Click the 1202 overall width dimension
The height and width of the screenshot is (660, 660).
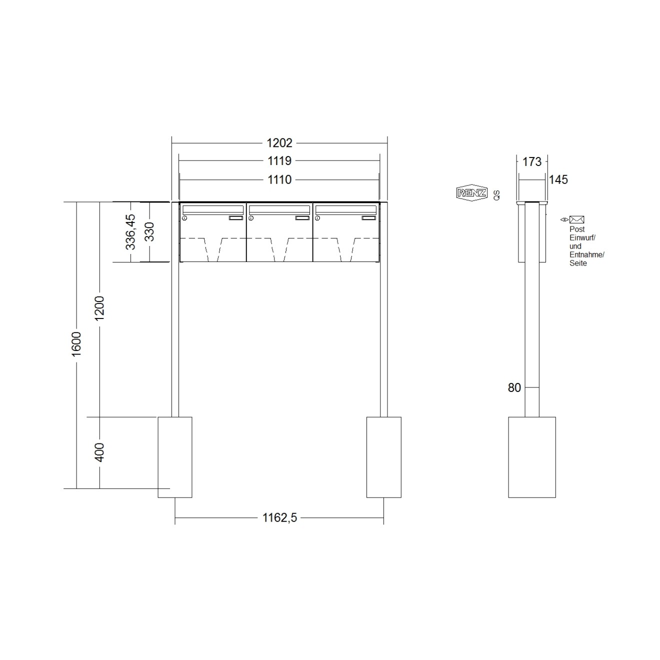[279, 143]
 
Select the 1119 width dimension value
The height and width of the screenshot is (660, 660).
[279, 161]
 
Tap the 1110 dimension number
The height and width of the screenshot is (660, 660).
[279, 179]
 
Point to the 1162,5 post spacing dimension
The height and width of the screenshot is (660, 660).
[279, 518]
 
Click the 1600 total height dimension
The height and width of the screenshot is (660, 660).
[76, 344]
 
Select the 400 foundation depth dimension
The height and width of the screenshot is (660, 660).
[99, 452]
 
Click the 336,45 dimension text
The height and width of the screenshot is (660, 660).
[130, 232]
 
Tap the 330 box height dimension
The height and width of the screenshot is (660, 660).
[149, 231]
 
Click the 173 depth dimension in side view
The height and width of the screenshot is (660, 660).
[531, 161]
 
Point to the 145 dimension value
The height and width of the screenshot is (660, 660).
[558, 179]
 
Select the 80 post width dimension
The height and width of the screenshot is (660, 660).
[514, 387]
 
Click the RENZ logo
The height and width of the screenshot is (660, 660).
[471, 193]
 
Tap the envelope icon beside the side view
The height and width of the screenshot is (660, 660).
[577, 219]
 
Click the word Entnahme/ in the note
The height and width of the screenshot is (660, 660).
[586, 254]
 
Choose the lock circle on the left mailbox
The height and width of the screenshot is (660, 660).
[184, 218]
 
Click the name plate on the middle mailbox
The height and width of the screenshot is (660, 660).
[302, 218]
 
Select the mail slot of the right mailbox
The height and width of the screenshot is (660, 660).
[345, 209]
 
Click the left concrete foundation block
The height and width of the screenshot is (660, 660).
[175, 457]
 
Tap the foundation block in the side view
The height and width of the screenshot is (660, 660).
[531, 457]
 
